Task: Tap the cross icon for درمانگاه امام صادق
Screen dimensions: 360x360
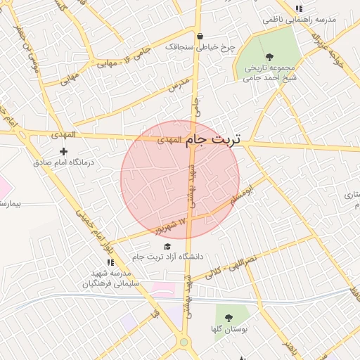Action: coord(63,151)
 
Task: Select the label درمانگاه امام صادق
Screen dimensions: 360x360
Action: coord(68,162)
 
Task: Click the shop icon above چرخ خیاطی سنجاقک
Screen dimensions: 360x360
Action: coord(200,37)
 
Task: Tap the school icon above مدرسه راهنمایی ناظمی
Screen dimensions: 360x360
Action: coord(299,9)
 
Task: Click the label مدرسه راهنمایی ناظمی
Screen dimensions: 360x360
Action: coord(300,20)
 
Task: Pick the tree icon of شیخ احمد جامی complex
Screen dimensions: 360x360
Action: coord(269,57)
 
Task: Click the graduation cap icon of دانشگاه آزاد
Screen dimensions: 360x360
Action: coord(167,246)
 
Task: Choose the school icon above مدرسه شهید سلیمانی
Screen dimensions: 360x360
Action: coord(110,262)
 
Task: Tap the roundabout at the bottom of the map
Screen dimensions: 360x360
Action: coord(184,342)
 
